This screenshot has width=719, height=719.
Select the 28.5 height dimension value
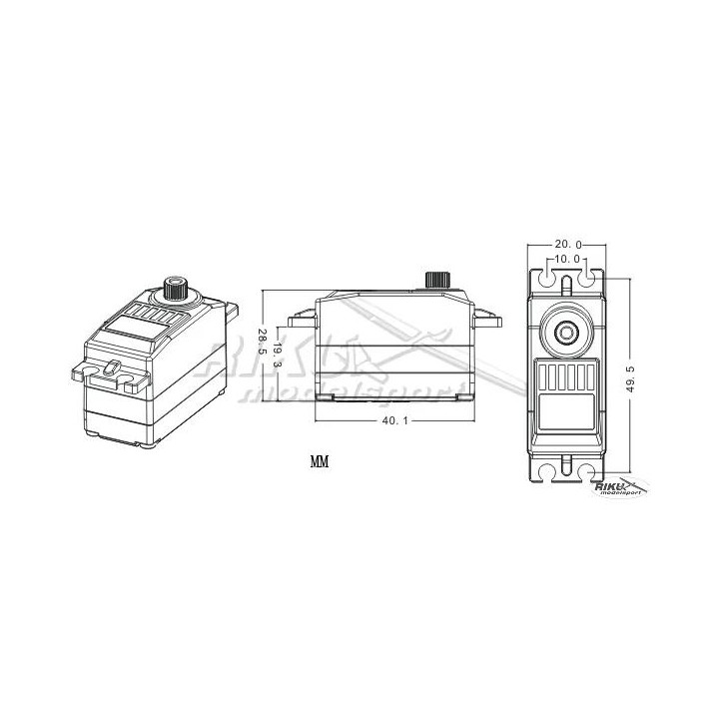tap(262, 343)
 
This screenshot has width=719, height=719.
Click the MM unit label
tap(320, 463)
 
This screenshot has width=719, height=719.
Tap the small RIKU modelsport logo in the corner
tap(621, 486)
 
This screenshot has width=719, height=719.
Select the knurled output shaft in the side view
tap(436, 279)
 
